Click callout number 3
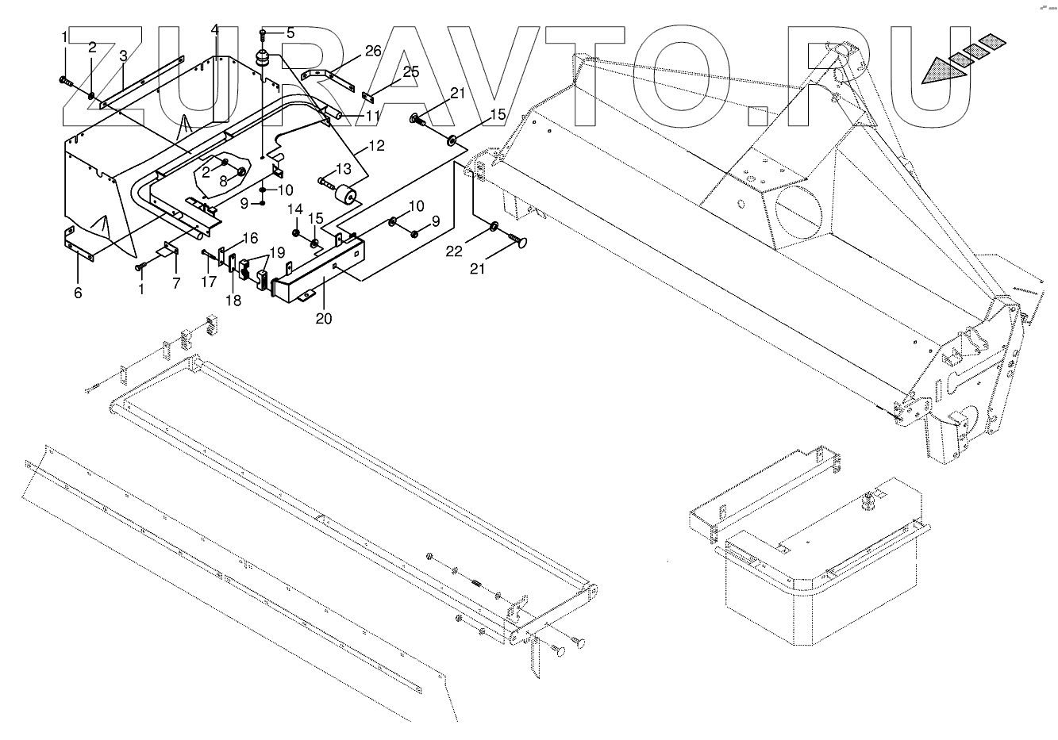tap(123, 56)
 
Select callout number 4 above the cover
tap(214, 30)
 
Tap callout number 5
tap(290, 33)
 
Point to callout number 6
tap(78, 293)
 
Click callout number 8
tap(222, 180)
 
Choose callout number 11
tap(372, 116)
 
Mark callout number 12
tap(375, 146)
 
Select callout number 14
tap(294, 209)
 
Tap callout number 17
tap(209, 281)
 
